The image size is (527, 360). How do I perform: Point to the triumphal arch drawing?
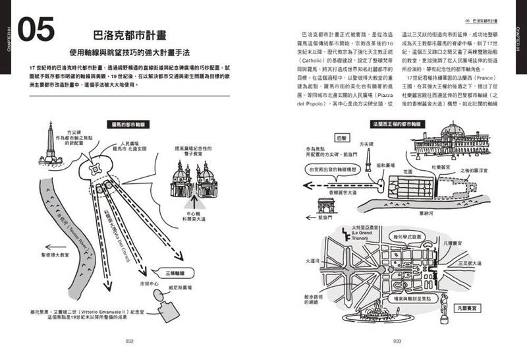pos(327,206)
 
